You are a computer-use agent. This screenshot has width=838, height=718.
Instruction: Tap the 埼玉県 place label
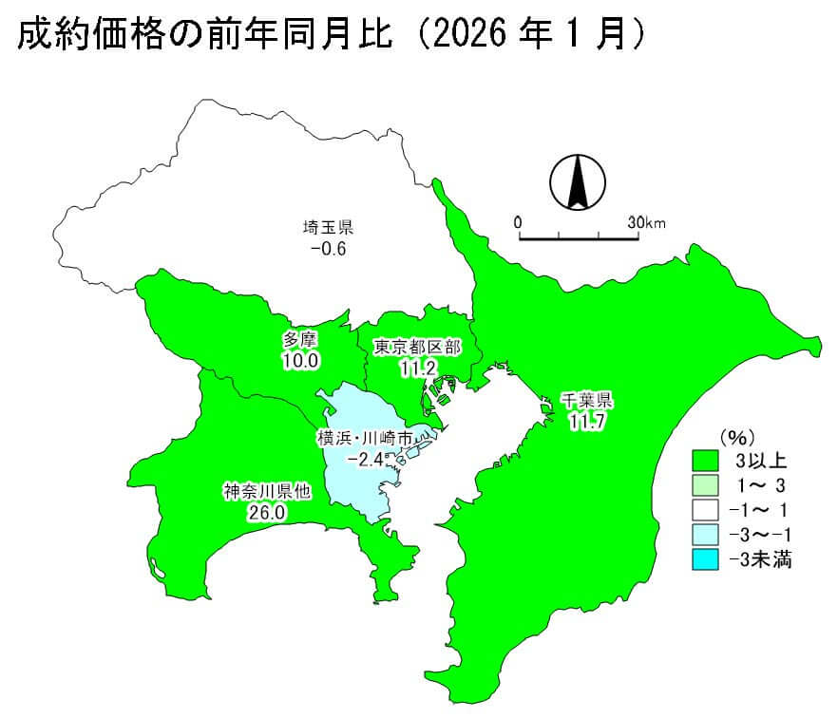point(329,228)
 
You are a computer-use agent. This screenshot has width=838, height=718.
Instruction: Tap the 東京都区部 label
point(417,348)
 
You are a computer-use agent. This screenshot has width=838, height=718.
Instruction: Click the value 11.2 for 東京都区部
point(417,368)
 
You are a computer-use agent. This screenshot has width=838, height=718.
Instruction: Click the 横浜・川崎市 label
point(365,439)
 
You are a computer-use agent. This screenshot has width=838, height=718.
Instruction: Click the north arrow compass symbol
point(576,182)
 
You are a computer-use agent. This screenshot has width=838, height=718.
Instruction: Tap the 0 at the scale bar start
point(518,222)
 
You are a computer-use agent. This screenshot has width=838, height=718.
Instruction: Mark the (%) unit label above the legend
point(736,438)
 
